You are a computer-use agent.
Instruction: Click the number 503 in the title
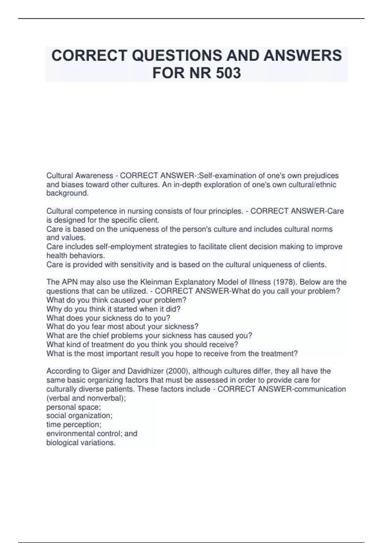(x=228, y=73)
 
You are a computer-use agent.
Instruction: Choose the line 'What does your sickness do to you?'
(x=108, y=318)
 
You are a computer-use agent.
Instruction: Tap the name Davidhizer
(x=146, y=371)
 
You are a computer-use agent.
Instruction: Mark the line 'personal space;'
(x=73, y=407)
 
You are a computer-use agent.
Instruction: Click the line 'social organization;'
(x=79, y=416)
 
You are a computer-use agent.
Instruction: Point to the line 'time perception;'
(x=74, y=424)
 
